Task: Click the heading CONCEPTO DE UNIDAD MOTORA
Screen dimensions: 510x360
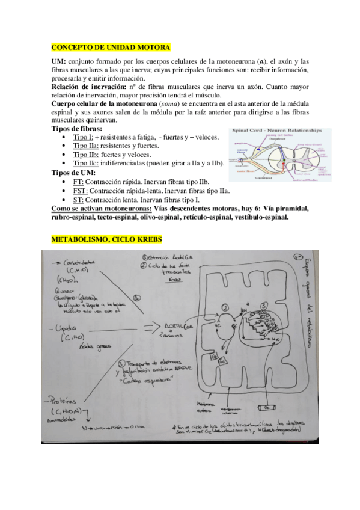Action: click(111, 47)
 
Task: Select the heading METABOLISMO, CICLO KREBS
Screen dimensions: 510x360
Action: click(106, 239)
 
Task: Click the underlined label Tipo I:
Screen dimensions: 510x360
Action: click(83, 137)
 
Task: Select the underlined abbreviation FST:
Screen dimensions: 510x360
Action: click(81, 191)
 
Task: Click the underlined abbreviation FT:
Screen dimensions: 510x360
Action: click(79, 182)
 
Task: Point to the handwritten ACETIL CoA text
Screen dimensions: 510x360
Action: click(180, 326)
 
